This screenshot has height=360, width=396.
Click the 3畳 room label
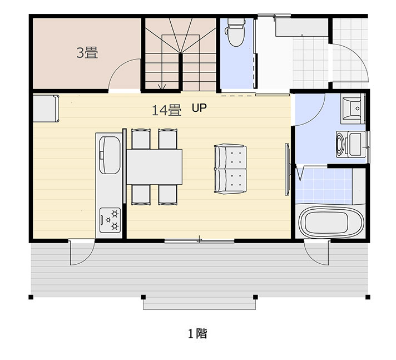coord(87,53)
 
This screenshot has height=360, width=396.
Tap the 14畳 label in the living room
coord(166,110)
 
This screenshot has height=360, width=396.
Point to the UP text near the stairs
coord(199,108)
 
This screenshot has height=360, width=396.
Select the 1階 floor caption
coord(198,333)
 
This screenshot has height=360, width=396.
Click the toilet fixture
coord(236,32)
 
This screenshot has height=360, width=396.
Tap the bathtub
coord(331,223)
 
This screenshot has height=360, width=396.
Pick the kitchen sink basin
coord(110,155)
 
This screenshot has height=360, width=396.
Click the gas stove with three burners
coord(110,220)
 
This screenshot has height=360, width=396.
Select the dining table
coord(154,167)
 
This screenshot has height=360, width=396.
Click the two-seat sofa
coord(230,169)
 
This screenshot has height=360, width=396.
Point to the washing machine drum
coord(340,144)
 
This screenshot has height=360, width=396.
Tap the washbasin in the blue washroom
coord(353,109)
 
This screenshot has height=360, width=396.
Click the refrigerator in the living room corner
coord(46,109)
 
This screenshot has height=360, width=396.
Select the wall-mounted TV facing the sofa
coord(287,170)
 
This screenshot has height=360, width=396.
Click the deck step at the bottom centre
coord(199,304)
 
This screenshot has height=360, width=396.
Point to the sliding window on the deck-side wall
coord(200,241)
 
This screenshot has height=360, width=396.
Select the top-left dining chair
coord(141,139)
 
